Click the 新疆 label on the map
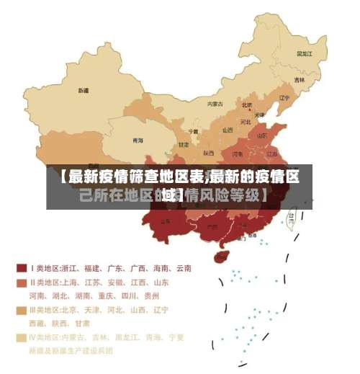tap(84, 91)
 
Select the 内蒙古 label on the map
tap(215, 104)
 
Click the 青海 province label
tap(137, 140)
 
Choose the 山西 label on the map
tap(228, 130)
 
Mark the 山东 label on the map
tap(264, 135)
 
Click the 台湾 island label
tap(291, 215)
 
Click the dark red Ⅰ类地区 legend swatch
tap(21, 268)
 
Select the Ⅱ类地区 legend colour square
tap(21, 282)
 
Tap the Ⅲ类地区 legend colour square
tap(21, 310)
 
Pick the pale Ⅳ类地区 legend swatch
tap(21, 337)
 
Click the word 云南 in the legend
tap(182, 268)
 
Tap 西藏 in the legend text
tap(37, 324)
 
